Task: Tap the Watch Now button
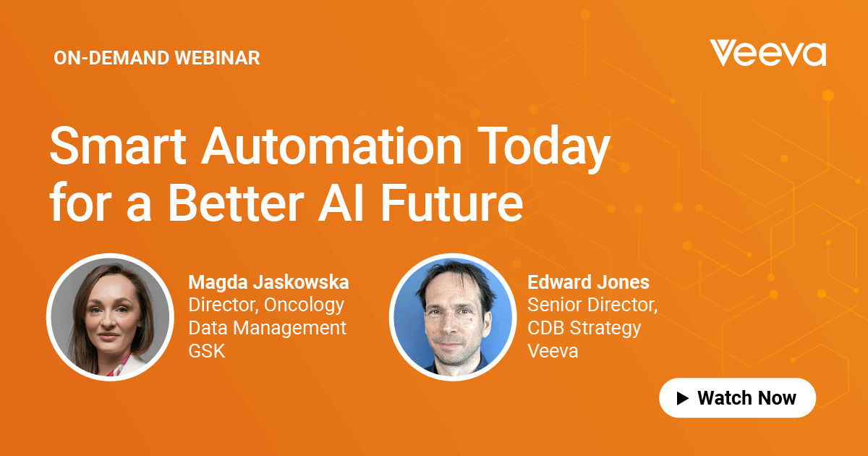tap(737, 397)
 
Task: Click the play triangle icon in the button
tap(682, 397)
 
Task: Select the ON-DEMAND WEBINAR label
tap(157, 59)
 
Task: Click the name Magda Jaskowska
tap(269, 282)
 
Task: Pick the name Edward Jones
tap(588, 282)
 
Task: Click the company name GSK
tap(207, 352)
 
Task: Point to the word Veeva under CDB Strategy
tap(553, 351)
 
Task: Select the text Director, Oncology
tap(266, 305)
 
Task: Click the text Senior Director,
tap(592, 305)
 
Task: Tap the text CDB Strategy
tap(584, 328)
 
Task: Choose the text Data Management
tap(268, 328)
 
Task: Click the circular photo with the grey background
tap(109, 317)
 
